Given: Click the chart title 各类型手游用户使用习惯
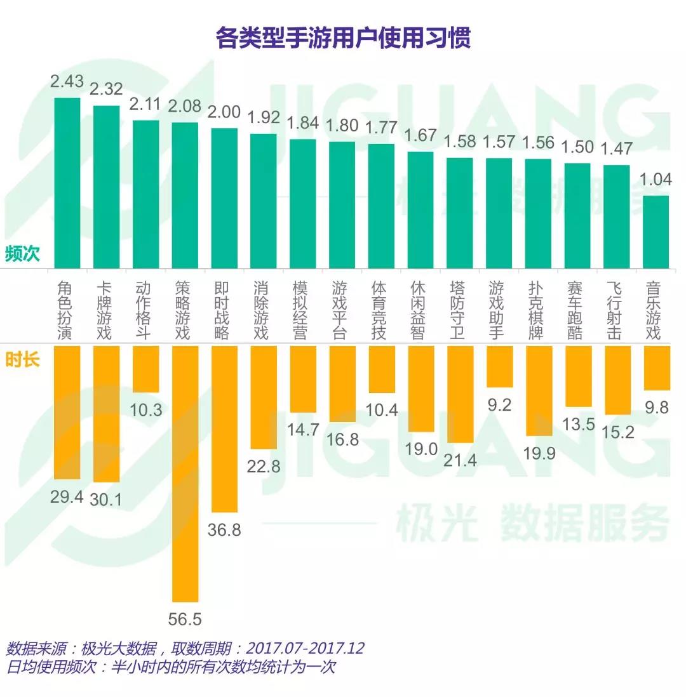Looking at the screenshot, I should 343,39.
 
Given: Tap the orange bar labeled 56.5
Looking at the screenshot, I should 185,473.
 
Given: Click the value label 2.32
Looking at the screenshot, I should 106,89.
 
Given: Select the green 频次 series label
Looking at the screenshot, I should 22,254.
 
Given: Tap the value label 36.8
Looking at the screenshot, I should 224,529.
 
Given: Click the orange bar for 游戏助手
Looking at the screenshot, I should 499,366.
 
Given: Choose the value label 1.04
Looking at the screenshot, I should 656,180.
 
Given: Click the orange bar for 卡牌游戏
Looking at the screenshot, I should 107,414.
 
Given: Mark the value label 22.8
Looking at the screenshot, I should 264,466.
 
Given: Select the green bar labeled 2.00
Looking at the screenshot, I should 224,198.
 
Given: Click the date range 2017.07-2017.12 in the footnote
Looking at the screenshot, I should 305,649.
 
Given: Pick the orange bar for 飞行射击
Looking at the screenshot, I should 617,380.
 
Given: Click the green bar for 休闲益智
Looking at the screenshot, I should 420,209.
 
